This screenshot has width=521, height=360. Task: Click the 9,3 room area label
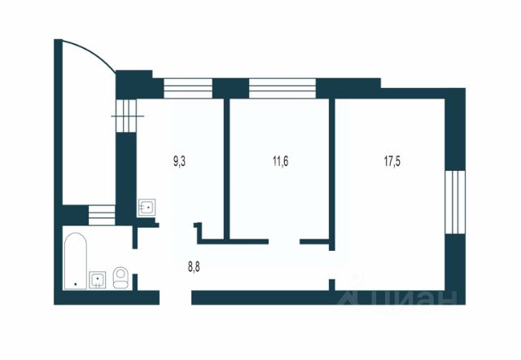coord(180,161)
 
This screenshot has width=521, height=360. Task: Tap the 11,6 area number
coord(281,161)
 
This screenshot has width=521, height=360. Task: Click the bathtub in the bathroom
coord(75,262)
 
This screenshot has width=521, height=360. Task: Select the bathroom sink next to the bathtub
coord(98,280)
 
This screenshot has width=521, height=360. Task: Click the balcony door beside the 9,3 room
coord(125,114)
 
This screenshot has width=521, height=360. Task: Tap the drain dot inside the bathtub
coord(75,283)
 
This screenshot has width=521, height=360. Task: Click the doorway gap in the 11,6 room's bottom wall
coord(284,240)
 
